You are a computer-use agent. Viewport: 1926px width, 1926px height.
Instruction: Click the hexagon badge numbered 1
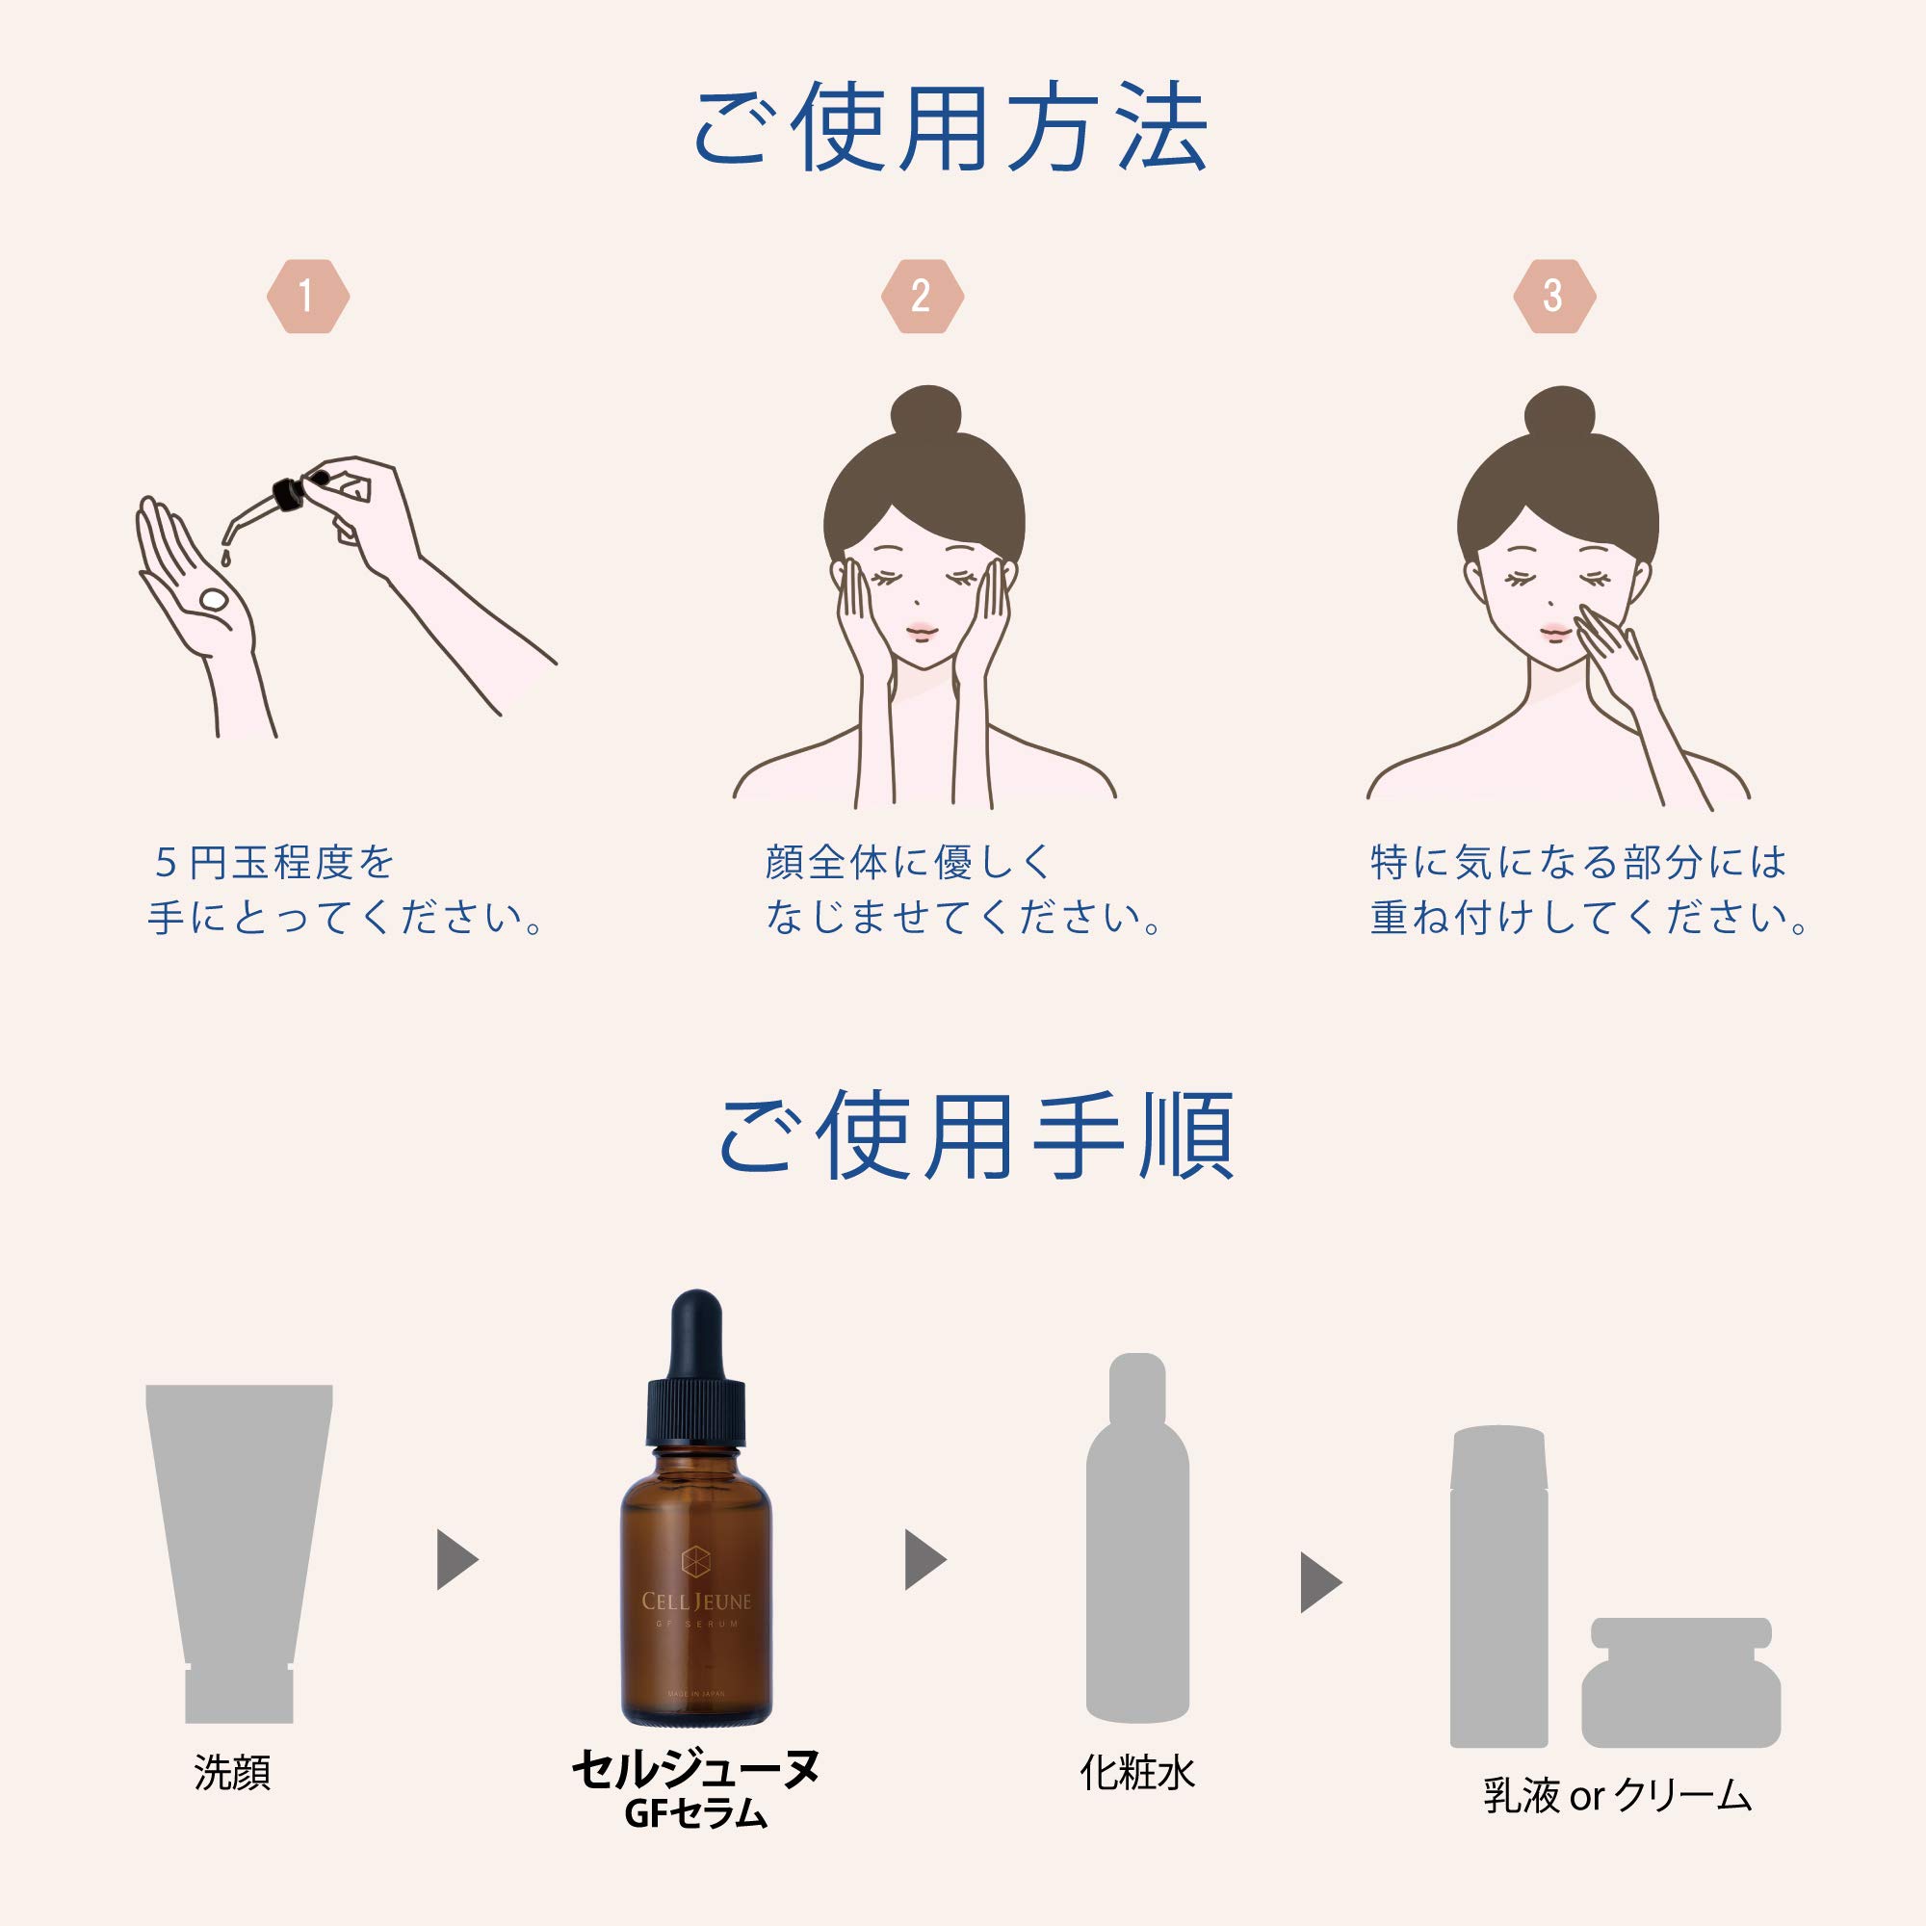coord(308,296)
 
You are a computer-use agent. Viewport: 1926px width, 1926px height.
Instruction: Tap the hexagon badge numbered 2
coord(923,296)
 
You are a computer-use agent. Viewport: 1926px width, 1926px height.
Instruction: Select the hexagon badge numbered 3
coord(1554,296)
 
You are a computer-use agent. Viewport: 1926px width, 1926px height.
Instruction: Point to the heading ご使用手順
coord(976,1136)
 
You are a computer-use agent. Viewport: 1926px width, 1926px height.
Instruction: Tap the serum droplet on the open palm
coord(215,599)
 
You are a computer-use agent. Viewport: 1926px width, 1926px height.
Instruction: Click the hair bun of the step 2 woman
coord(926,412)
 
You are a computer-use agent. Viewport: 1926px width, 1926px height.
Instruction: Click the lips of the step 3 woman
coord(1554,631)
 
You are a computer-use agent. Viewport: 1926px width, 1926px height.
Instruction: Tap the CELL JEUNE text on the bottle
coord(696,1602)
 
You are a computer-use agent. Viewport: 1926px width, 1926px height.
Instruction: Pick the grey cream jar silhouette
coord(1680,1684)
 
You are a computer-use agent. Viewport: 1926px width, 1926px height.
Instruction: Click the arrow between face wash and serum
coord(456,1560)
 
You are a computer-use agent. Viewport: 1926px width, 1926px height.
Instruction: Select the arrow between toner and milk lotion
coord(1320,1582)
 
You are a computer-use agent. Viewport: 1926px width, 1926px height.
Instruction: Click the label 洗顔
coord(232,1774)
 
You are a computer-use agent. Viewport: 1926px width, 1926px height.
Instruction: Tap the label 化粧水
coord(1137,1774)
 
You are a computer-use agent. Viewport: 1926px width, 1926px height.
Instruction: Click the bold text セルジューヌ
coord(696,1769)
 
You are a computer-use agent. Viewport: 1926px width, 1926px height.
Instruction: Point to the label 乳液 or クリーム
coord(1617,1795)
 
